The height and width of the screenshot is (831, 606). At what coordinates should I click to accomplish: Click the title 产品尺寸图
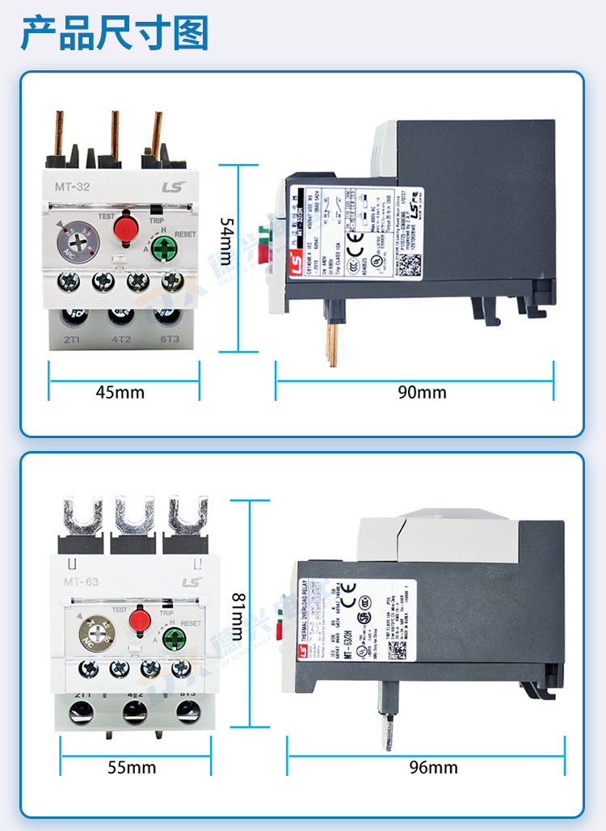pyautogui.click(x=114, y=33)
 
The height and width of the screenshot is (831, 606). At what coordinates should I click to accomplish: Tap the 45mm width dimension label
pyautogui.click(x=120, y=393)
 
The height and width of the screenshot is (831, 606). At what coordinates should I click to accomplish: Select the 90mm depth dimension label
pyautogui.click(x=421, y=393)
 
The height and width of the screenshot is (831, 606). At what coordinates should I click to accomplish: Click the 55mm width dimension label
pyautogui.click(x=132, y=767)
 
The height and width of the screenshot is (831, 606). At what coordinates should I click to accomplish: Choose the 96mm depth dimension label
pyautogui.click(x=433, y=767)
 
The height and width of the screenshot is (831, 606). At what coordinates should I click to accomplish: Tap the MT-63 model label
pyautogui.click(x=81, y=583)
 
